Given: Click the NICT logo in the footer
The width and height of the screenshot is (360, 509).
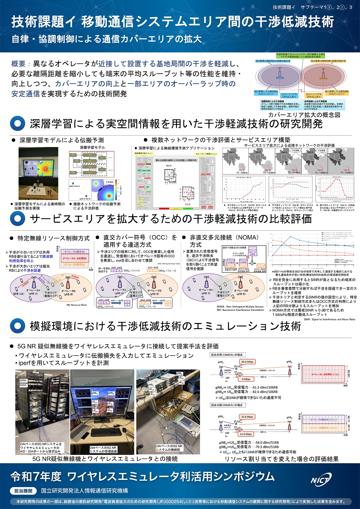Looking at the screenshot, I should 320,480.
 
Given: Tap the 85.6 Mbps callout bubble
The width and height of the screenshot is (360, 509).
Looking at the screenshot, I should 247,362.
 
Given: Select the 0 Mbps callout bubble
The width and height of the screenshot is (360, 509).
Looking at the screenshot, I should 246,379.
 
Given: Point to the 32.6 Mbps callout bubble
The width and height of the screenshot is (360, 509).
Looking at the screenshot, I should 247,417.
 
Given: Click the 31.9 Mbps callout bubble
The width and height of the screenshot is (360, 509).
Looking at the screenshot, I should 246,434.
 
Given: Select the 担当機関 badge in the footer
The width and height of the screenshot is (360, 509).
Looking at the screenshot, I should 23,491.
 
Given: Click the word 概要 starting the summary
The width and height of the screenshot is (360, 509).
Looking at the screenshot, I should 19,64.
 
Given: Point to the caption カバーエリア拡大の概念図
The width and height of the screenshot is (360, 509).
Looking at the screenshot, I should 304,115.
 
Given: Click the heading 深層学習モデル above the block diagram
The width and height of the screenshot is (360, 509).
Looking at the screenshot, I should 92,147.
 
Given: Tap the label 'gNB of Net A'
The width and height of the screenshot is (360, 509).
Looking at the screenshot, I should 75,186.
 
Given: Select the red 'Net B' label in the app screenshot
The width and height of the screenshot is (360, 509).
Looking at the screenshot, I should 187,204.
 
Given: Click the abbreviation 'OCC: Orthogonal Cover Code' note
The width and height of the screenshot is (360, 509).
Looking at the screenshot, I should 168,264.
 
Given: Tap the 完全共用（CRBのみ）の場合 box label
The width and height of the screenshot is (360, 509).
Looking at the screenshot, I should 227,355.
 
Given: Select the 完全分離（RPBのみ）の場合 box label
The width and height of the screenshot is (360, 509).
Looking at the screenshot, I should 227,405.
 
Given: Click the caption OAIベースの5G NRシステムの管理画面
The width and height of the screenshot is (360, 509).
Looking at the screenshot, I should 103,450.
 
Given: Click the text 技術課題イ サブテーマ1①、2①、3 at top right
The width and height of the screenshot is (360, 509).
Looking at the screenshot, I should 312,7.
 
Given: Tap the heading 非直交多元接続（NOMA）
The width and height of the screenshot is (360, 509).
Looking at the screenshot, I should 225,241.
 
